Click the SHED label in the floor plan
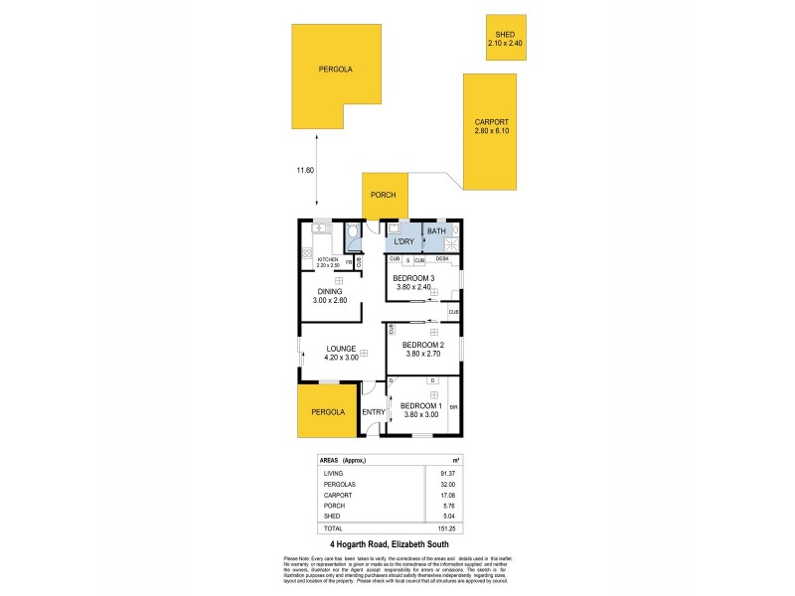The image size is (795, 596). click(505, 35)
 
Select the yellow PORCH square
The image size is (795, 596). click(383, 196)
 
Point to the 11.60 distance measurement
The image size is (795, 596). click(305, 171)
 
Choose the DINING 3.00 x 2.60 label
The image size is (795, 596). click(330, 296)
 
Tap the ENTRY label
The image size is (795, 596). click(374, 412)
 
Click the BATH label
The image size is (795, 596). click(436, 230)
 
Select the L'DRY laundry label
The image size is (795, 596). click(403, 242)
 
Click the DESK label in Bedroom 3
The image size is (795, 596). click(441, 259)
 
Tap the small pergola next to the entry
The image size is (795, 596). click(327, 411)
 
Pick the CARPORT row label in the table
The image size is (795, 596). click(338, 494)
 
